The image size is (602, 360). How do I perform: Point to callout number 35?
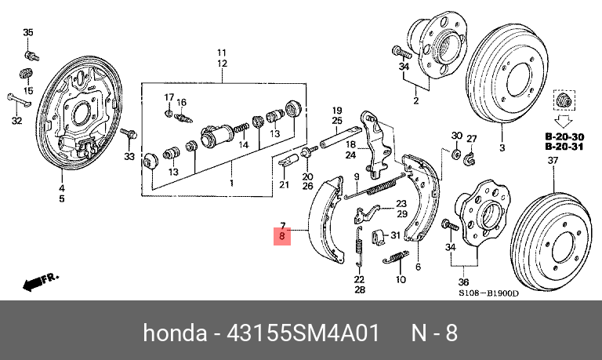point(28,32)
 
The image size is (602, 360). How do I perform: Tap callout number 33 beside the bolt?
point(129,157)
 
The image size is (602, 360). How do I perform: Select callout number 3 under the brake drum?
point(502,147)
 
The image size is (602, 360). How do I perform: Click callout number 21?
point(285,185)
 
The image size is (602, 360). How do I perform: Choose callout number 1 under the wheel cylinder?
point(231,183)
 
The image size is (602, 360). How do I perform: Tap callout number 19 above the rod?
point(337,110)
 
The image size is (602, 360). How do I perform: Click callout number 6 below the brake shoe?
point(418,267)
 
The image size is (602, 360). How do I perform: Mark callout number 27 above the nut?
point(472,139)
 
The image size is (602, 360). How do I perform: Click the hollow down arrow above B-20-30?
point(561,122)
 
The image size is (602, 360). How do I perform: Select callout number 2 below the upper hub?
point(415,100)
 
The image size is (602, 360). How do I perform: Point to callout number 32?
point(16,122)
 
